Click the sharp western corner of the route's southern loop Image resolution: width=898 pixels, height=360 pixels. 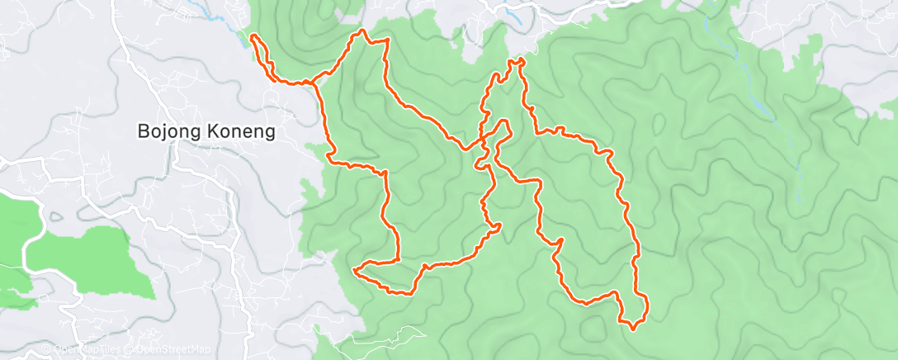click(x=354, y=270)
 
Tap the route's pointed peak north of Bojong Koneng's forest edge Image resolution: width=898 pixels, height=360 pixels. click(x=361, y=31)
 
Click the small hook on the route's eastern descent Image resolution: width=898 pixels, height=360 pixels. click(x=560, y=241)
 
